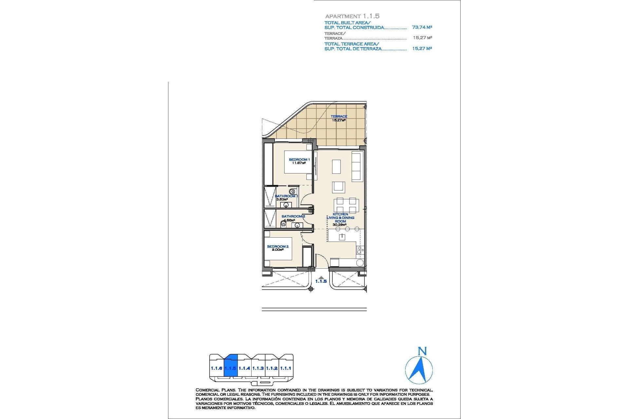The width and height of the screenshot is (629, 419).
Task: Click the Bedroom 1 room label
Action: pos(299,160)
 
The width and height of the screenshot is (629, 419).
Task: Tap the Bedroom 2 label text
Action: pos(277,246)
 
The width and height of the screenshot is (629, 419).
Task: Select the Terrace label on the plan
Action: pos(339,117)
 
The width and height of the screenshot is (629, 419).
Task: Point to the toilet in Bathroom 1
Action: pos(292,191)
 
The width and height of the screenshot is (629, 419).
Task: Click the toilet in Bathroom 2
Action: pos(283,224)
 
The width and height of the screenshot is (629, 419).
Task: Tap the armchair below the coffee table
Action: pos(338,187)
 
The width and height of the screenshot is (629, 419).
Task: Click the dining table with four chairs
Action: pos(346,205)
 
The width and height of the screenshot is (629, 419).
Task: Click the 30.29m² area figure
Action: pos(339,225)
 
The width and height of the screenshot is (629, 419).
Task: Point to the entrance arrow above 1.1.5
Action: pos(321,278)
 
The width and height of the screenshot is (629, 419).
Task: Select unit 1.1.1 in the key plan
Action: pos(286,368)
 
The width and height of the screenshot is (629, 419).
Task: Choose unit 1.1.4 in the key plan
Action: pos(244,368)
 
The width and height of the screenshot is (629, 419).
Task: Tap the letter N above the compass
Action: pos(422,352)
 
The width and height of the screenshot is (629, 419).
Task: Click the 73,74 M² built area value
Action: pos(422,27)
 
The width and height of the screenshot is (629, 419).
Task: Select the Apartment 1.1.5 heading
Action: pos(352,16)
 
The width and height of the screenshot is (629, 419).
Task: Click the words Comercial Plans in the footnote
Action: pos(216,390)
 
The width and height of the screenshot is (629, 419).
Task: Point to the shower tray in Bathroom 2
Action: pos(270,218)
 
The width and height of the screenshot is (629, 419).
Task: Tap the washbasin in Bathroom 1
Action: pos(286,205)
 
